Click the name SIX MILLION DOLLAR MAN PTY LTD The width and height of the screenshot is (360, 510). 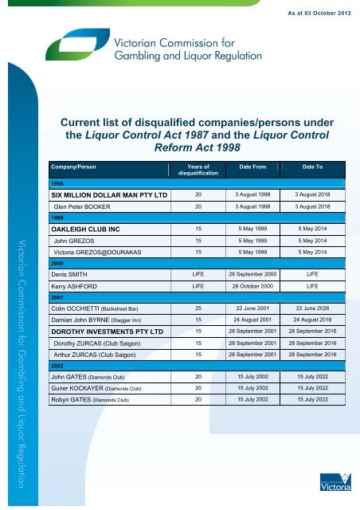click(103, 194)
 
